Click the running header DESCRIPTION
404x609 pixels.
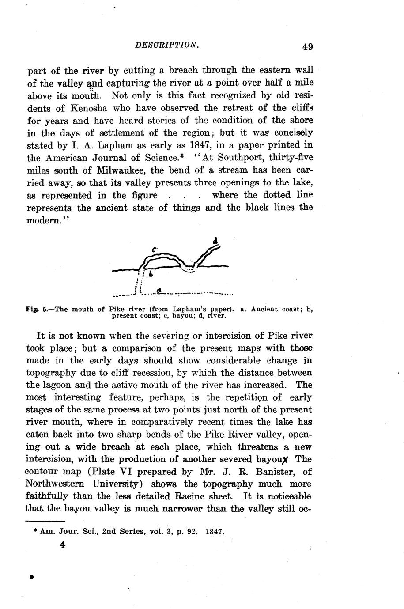click(166, 45)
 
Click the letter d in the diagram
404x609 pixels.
click(215, 241)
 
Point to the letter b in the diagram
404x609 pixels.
click(151, 274)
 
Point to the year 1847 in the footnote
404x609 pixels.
click(215, 532)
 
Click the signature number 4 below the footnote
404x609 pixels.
click(63, 545)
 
